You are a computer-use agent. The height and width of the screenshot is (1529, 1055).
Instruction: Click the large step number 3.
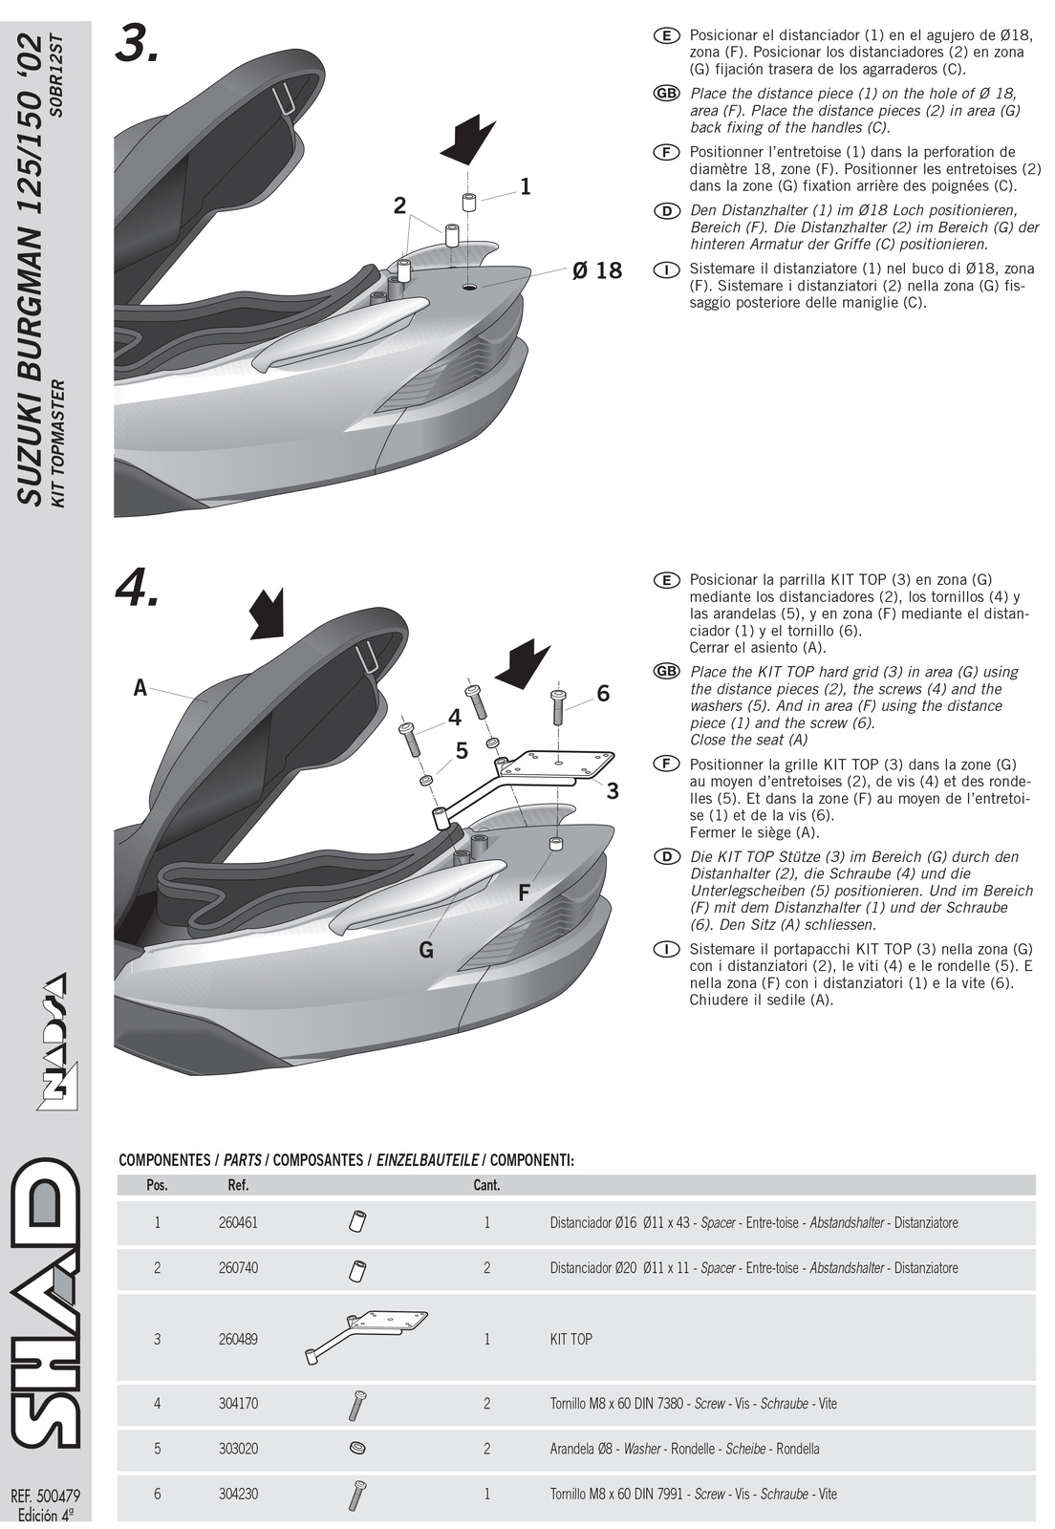(x=136, y=43)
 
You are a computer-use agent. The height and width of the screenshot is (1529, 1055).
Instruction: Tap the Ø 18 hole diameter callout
(x=597, y=271)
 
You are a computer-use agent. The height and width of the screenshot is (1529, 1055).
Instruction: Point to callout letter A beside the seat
(x=140, y=687)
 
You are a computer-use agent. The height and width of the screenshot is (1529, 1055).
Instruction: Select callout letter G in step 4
(x=426, y=950)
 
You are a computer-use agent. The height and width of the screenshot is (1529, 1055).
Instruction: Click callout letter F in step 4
(x=524, y=894)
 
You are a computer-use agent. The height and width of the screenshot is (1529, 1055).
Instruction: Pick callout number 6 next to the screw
(x=602, y=694)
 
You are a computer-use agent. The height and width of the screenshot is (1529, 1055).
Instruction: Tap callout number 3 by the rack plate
(x=613, y=790)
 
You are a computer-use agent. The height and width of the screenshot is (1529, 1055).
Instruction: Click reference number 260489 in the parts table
(x=238, y=1339)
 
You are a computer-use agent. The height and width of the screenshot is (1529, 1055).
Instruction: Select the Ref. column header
(x=238, y=1185)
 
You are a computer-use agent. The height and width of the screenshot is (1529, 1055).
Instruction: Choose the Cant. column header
(x=486, y=1185)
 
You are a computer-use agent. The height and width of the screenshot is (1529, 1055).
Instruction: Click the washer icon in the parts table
(x=358, y=1448)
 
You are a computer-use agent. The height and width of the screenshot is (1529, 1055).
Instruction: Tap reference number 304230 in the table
(x=238, y=1494)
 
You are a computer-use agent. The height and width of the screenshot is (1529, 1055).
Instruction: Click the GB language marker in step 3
(x=665, y=94)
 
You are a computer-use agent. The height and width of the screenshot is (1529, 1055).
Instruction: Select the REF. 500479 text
(x=45, y=1495)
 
